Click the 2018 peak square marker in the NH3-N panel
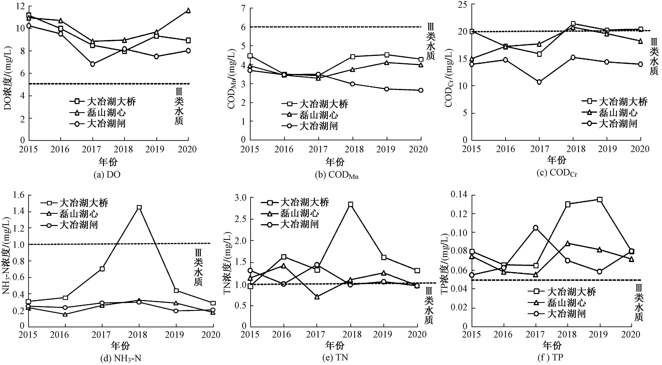coord(139,207)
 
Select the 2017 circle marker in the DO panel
coord(92,64)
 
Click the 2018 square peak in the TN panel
coord(350,204)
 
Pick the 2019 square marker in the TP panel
coord(600,200)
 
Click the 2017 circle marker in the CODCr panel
coord(539,82)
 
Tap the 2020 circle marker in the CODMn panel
coord(421,90)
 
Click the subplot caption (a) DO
coord(107,175)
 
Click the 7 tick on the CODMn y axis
coord(243,8)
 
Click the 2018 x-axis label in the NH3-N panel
coord(139,335)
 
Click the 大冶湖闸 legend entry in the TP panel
coord(566,314)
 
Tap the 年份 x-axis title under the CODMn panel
coord(335,162)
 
